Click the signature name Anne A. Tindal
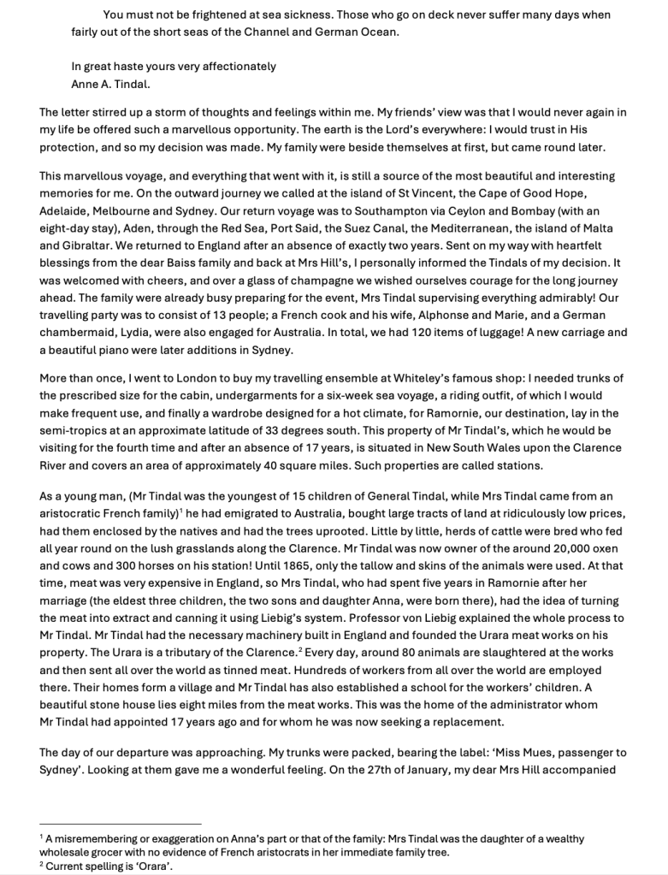tap(113, 84)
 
